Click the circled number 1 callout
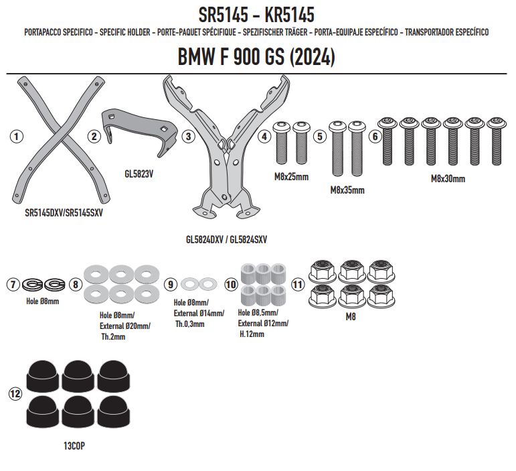[17, 137]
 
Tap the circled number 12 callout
[15, 394]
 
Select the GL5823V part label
[139, 174]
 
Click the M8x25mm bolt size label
[292, 177]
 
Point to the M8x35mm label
[347, 190]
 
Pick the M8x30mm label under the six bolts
[448, 179]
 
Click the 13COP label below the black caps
[74, 446]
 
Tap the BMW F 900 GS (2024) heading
[256, 57]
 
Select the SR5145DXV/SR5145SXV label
[64, 213]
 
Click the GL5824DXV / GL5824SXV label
[226, 239]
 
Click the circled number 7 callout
[13, 284]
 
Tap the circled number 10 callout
[231, 284]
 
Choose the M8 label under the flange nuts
[351, 316]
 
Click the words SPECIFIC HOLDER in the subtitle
[125, 32]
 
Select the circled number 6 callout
[375, 137]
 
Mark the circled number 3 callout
[188, 137]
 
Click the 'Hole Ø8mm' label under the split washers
[43, 301]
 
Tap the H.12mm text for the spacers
[252, 334]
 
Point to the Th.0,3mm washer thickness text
[190, 324]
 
